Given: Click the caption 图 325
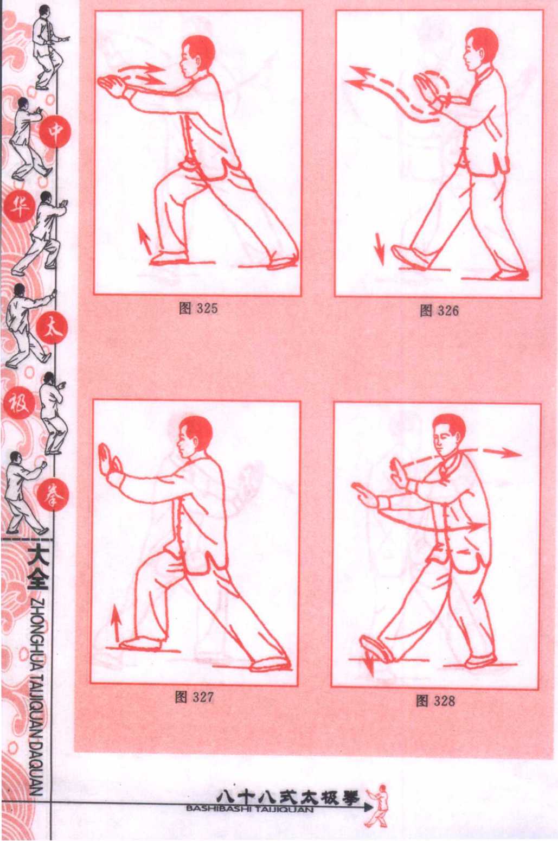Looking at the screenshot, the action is point(198,308).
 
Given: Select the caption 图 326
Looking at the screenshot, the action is point(439,310).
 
